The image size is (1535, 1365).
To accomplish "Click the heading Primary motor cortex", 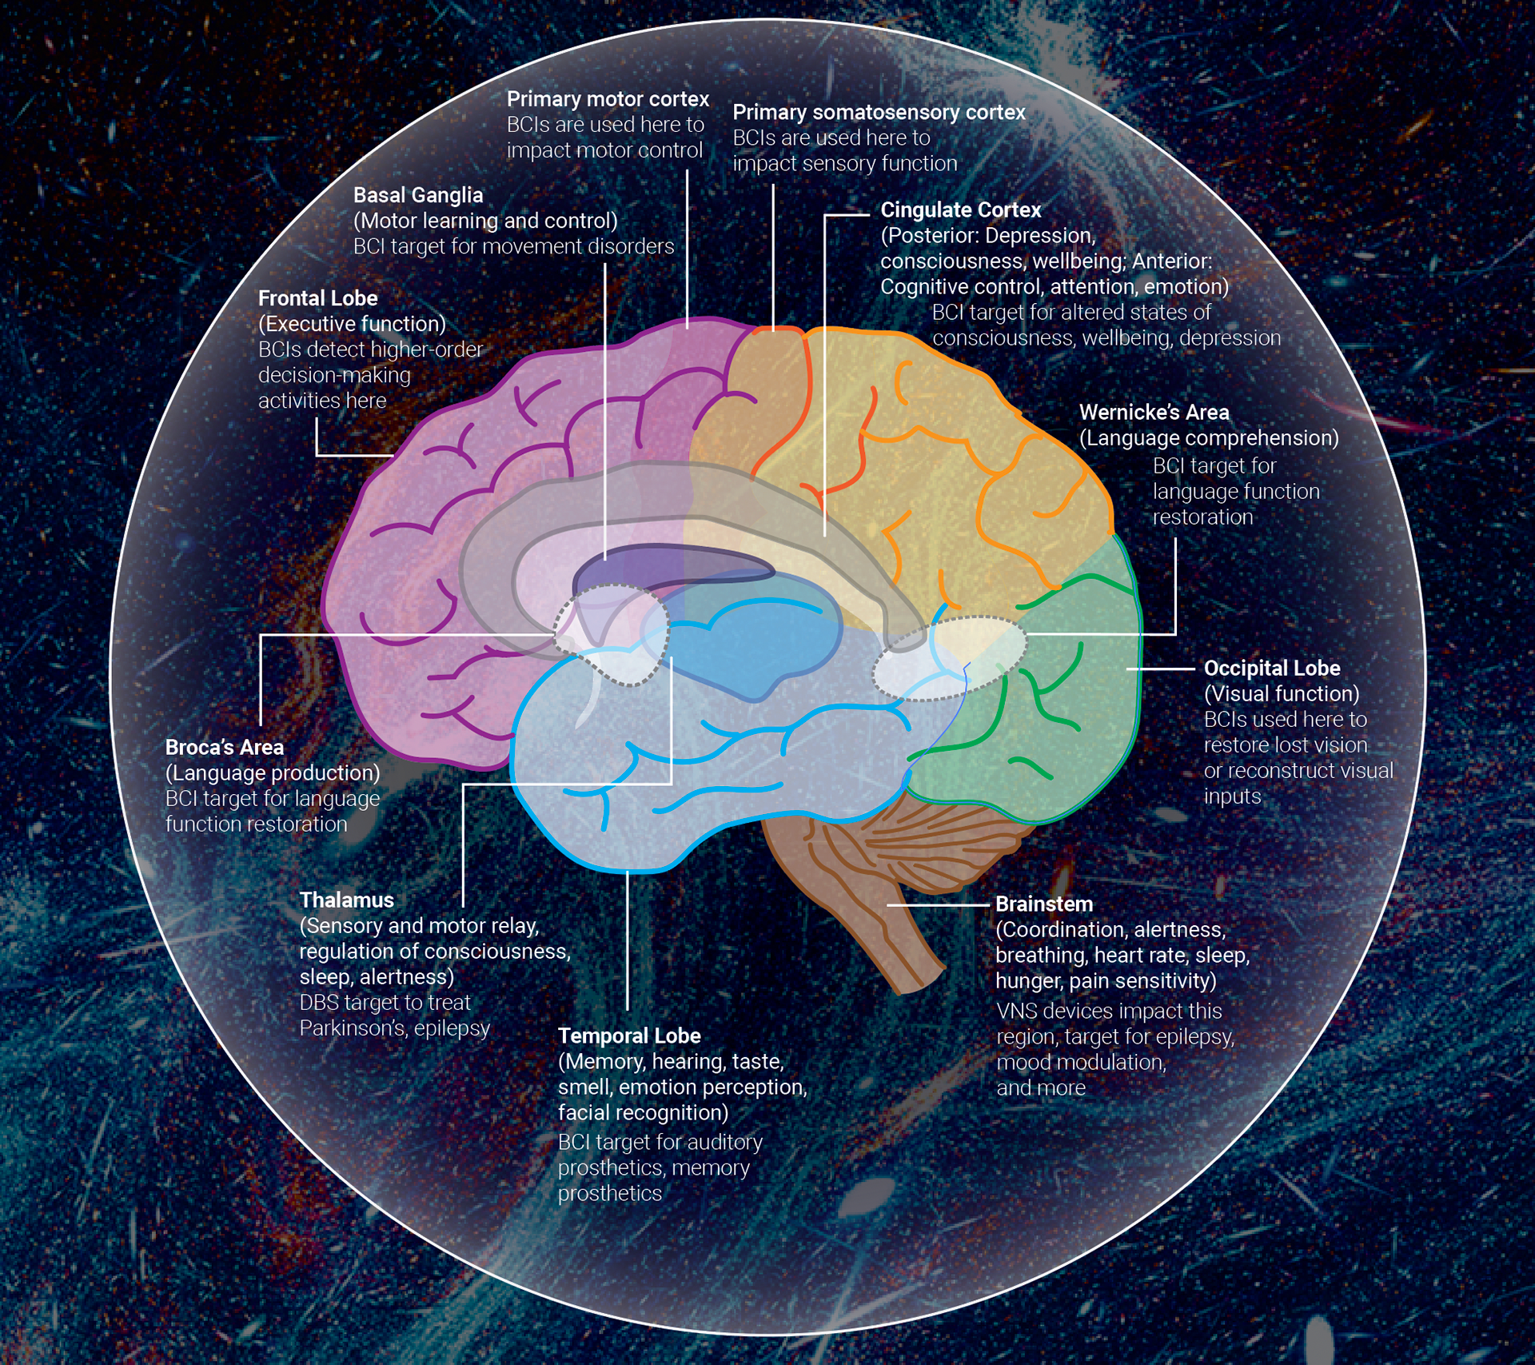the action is pos(608,99).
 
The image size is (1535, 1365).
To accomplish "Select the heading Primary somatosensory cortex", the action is pos(879,112).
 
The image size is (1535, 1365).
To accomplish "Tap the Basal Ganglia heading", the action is pos(418,195).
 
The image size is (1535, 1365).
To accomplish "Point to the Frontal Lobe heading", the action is pos(317,298).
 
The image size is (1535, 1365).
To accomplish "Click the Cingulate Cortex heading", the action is pos(960,210).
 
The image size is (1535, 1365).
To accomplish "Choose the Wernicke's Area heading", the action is pos(1154,413).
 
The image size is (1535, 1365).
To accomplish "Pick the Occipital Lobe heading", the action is pos(1271,668).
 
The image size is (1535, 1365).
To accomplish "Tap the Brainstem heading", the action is pos(1043,904).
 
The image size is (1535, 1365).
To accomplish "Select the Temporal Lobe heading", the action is pos(629,1036).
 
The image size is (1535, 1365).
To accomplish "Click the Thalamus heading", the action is pos(346,900).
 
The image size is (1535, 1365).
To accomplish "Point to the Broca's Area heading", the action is pos(224,747).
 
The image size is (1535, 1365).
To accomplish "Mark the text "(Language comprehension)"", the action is pos(1208,438).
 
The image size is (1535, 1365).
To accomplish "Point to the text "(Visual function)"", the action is pos(1281,693).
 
